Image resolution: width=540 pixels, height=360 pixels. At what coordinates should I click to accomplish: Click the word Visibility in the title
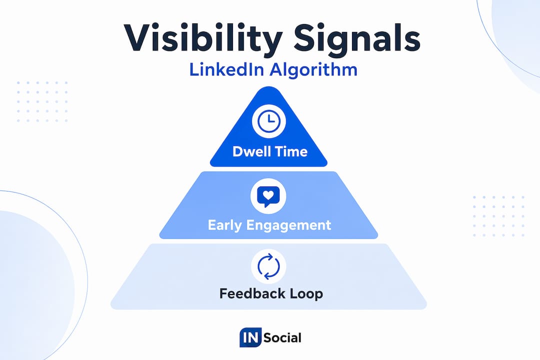[203, 38]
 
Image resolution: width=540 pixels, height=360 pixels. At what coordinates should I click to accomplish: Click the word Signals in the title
[357, 38]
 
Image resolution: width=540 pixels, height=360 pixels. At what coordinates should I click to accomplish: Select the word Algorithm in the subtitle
[313, 70]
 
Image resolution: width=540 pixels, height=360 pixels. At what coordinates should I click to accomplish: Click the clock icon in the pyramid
[269, 121]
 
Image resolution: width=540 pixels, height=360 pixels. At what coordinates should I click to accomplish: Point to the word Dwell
[253, 151]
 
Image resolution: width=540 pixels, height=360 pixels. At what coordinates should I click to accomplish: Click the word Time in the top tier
[292, 151]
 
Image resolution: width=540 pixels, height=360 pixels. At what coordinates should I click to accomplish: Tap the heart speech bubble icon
[268, 196]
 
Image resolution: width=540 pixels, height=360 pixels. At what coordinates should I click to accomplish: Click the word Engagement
[288, 225]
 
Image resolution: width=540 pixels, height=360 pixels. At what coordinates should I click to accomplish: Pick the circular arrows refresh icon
[268, 266]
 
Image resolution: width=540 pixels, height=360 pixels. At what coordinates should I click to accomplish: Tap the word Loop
[306, 294]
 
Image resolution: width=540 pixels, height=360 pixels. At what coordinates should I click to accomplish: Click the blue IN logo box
[250, 337]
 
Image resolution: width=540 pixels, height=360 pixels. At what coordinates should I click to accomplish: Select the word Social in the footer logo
[282, 337]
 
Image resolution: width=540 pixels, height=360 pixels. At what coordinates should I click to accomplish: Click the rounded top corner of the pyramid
[268, 88]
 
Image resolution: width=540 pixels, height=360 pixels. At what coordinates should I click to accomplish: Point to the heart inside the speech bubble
[268, 195]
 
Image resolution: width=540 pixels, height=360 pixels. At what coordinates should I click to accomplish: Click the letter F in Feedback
[224, 293]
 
